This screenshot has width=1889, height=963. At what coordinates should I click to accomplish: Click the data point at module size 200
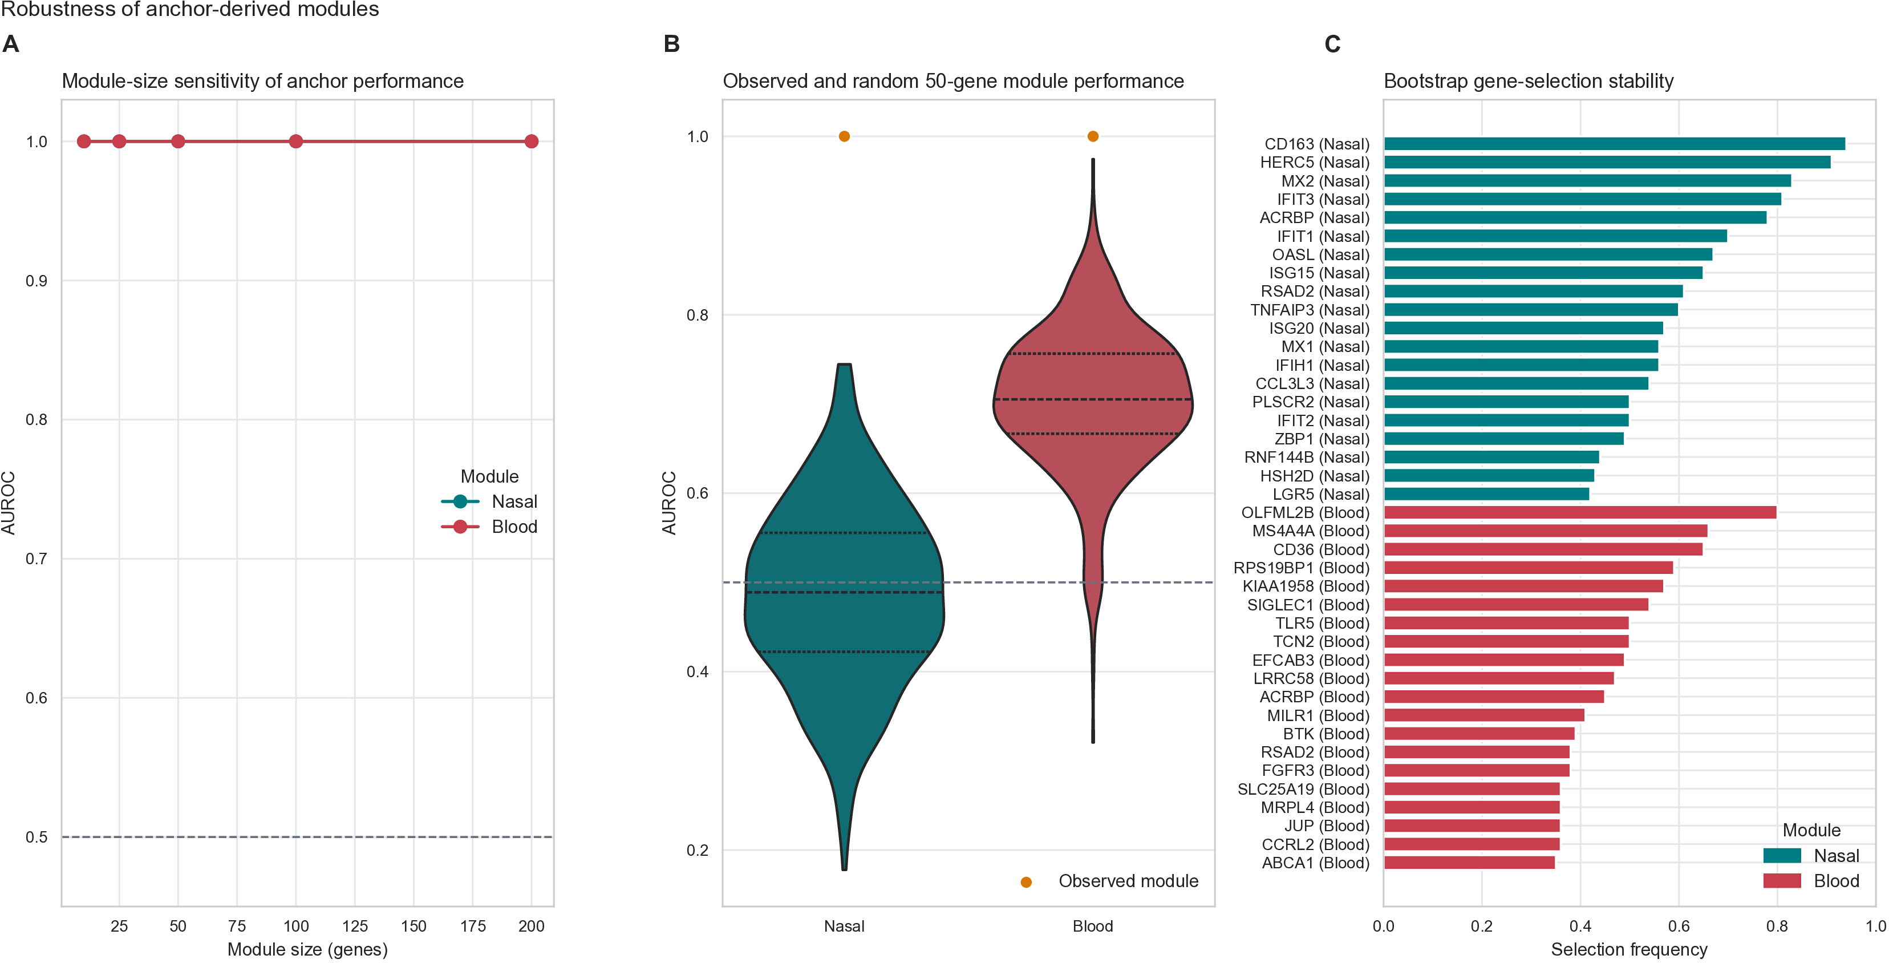point(531,141)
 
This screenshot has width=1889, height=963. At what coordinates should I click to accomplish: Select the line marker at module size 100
point(295,141)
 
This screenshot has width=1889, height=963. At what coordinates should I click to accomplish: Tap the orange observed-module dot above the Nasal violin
point(844,136)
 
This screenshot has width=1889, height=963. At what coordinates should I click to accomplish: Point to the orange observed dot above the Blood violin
point(1093,136)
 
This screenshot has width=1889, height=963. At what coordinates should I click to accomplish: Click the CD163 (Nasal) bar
point(1614,144)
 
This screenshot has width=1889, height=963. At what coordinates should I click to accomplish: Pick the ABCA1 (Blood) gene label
point(1316,863)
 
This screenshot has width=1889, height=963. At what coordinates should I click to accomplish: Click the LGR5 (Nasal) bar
point(1486,494)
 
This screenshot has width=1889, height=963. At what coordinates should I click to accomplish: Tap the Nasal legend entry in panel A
point(489,501)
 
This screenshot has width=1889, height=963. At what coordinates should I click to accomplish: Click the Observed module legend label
point(1128,881)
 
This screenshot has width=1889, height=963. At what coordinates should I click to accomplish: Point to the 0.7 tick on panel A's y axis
point(37,559)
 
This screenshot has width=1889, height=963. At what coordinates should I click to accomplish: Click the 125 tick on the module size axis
point(355,926)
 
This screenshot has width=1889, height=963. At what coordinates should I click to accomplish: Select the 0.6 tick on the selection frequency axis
point(1679,926)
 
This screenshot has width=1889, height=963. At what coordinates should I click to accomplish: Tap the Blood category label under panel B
point(1093,926)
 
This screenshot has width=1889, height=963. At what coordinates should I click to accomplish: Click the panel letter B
point(672,44)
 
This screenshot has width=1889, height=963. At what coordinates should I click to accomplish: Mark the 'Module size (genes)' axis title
point(307,950)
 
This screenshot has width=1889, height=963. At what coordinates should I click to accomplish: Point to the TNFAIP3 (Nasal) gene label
point(1310,310)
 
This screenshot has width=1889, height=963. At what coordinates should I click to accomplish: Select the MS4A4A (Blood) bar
point(1545,531)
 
